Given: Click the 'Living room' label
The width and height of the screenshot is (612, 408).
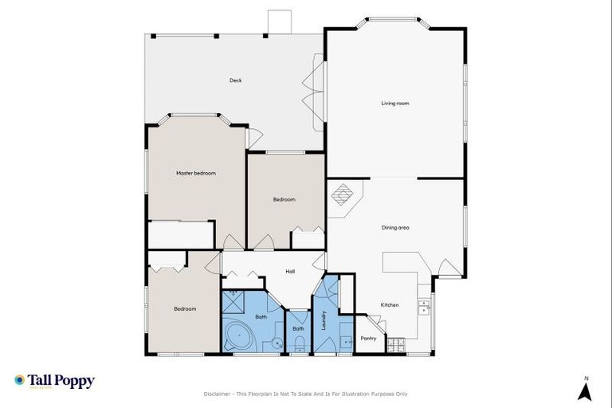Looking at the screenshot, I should [395, 103].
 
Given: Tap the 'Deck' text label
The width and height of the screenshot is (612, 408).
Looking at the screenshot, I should [235, 80].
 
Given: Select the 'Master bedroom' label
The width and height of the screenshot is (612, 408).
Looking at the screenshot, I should [196, 173].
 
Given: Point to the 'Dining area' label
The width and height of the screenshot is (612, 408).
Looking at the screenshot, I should [395, 228].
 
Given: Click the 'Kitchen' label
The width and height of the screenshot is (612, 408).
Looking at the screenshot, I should [389, 305].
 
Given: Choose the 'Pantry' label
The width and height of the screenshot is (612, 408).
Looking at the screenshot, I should [368, 338].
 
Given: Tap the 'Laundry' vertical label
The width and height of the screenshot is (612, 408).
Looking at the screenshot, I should [324, 318].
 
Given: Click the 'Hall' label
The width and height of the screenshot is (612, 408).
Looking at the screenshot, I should [290, 272].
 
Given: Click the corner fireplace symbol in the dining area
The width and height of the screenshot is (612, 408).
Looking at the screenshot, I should [342, 195].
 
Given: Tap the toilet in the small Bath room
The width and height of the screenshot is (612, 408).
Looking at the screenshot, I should [299, 343].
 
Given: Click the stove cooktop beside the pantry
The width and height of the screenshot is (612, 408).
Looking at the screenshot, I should [395, 346].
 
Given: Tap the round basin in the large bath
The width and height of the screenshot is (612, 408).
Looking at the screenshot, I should [276, 344].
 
